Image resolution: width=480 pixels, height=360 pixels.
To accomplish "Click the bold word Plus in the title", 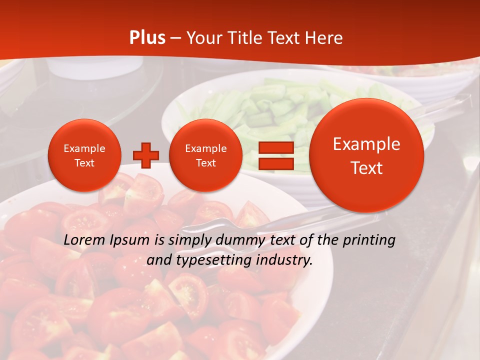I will click(x=147, y=38).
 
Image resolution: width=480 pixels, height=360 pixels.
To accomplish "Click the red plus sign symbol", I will click(x=145, y=155).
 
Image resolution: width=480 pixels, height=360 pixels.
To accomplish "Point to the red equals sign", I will click(x=275, y=155).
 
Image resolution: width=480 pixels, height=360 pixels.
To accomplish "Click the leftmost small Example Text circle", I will click(x=84, y=155).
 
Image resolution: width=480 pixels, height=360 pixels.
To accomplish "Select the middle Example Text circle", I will click(x=205, y=155).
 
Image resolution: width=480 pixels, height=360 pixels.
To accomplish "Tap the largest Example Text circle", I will click(x=366, y=155).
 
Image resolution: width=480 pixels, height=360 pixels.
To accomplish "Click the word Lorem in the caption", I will click(x=84, y=240).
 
